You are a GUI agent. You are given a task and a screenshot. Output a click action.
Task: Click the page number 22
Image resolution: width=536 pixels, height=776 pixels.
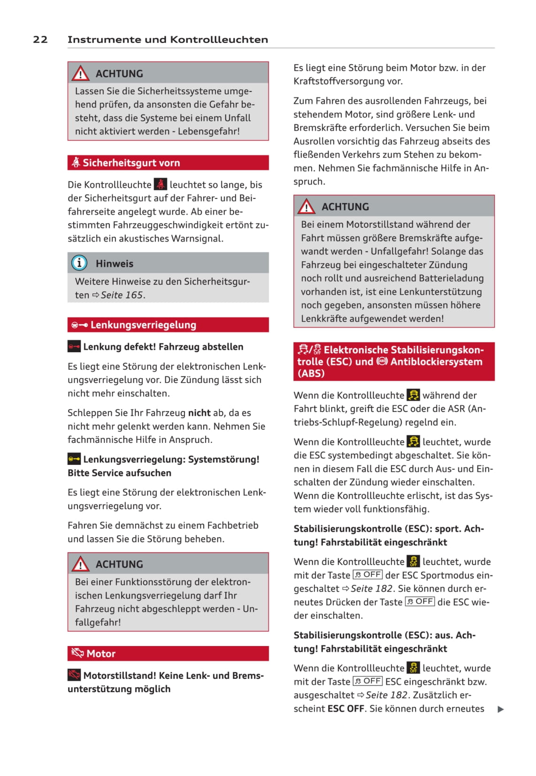pos(40,39)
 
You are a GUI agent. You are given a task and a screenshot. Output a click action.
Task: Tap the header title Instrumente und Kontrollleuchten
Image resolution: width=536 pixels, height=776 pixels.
pos(168,39)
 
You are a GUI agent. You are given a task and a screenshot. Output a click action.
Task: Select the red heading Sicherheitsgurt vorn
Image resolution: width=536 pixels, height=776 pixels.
pos(131,163)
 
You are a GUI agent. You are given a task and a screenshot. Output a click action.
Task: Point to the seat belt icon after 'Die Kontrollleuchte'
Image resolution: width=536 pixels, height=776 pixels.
pos(161,184)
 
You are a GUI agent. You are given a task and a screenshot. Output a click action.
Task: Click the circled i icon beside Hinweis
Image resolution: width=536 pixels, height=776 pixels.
pos(79,263)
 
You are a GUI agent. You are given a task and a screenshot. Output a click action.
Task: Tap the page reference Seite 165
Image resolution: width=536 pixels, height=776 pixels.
pos(122,295)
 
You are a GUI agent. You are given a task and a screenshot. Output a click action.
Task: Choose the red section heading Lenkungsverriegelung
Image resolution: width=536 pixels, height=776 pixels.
pos(143,325)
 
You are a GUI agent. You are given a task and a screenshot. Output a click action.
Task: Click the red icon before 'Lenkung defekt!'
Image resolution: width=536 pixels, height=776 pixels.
pos(74,347)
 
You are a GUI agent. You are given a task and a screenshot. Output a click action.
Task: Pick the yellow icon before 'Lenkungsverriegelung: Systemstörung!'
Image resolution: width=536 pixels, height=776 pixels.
pos(74,459)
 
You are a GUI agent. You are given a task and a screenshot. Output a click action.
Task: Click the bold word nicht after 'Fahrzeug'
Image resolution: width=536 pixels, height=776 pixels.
pos(199,413)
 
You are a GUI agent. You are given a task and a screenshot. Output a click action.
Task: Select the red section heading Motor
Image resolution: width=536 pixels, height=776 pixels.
pos(101,654)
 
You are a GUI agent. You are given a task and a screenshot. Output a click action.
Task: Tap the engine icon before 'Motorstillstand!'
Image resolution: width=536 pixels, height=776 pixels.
pos(74,675)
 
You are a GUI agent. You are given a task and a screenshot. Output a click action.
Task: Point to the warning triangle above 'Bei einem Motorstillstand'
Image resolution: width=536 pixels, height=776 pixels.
pos(306,206)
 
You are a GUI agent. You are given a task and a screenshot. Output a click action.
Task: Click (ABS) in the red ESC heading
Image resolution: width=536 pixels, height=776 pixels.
pos(311,373)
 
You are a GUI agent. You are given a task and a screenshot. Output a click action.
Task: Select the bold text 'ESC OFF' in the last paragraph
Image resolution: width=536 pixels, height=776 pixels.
pos(346,708)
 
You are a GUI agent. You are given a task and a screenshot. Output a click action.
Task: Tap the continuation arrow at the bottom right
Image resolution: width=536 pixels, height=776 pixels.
pos(501,709)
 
